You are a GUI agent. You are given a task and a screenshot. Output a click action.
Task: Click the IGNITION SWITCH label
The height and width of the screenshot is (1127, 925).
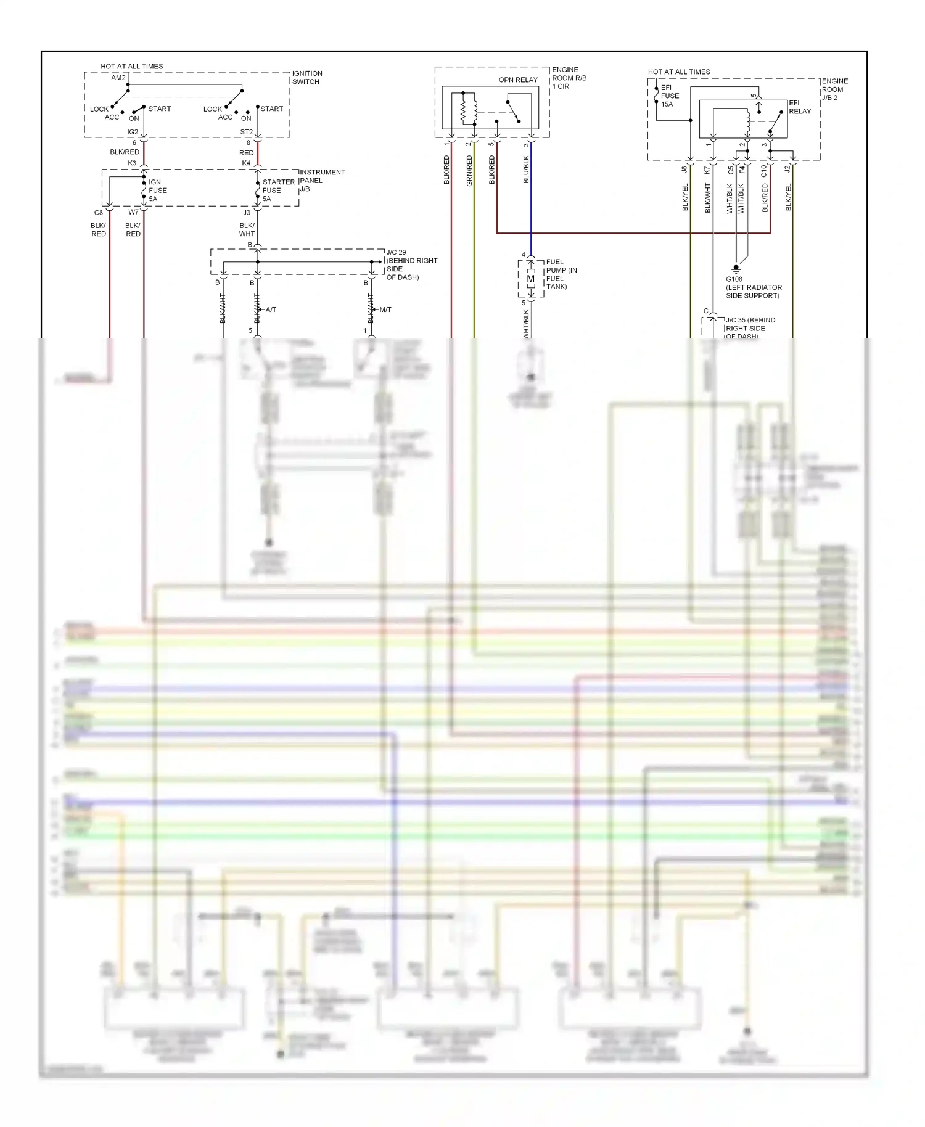coord(306,77)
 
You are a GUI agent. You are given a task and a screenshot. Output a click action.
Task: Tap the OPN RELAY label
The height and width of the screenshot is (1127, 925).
coord(517,80)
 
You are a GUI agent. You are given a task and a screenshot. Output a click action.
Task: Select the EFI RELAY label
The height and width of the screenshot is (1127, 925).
coord(799,107)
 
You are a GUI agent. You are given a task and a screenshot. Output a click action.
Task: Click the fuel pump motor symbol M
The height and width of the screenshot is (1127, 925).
coord(530,279)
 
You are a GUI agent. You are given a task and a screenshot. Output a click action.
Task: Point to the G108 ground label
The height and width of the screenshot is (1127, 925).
coord(734,279)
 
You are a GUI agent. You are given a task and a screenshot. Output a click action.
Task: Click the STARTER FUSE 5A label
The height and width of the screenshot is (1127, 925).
coord(278,190)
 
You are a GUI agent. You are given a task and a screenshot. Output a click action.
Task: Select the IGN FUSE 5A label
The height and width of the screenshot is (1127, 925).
coord(157,190)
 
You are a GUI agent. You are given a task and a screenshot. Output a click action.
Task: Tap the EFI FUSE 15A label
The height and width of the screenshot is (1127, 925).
coord(669,96)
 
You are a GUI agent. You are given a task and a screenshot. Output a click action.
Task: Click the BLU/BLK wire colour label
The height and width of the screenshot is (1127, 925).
coord(526,169)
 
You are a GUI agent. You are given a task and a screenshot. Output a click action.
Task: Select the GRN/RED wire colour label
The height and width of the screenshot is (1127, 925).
coord(469,171)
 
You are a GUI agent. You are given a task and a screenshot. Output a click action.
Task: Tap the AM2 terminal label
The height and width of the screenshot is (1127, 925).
coord(118,78)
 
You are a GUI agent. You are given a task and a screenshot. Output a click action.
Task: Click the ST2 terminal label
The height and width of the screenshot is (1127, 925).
coord(246,132)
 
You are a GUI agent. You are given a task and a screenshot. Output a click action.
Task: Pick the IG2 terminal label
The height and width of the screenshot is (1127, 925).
coord(133,132)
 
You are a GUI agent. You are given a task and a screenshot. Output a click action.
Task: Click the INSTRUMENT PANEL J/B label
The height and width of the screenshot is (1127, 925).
coord(321,180)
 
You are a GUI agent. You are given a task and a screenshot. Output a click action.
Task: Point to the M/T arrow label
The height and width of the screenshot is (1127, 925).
coord(385,309)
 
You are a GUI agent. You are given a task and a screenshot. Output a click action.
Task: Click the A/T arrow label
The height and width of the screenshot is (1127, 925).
coord(271,309)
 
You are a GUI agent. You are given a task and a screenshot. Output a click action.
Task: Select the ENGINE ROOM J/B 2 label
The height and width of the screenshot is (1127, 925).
coord(834,89)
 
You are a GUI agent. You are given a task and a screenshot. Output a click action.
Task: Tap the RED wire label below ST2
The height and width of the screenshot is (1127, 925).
coord(246,152)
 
